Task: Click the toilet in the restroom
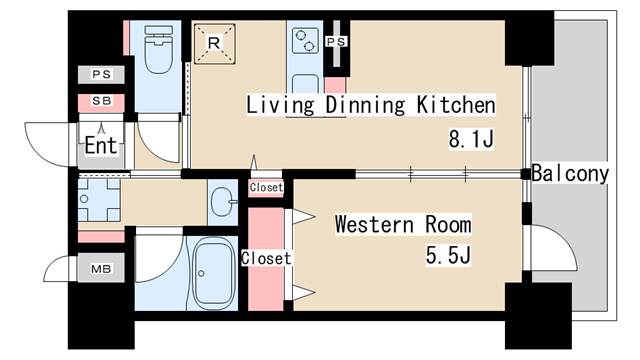pyautogui.click(x=158, y=49)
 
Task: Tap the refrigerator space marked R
pyautogui.click(x=214, y=44)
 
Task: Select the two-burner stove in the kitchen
pyautogui.click(x=305, y=40)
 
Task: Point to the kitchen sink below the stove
pyautogui.click(x=305, y=83)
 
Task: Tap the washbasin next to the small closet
pyautogui.click(x=223, y=202)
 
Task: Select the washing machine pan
pyautogui.click(x=99, y=200)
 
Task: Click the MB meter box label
pyautogui.click(x=101, y=269)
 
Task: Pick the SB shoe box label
pyautogui.click(x=101, y=100)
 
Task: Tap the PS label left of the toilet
pyautogui.click(x=101, y=74)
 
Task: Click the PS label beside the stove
pyautogui.click(x=336, y=42)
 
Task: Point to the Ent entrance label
pyautogui.click(x=101, y=145)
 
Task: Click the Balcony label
pyautogui.click(x=570, y=173)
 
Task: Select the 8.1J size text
pyautogui.click(x=471, y=139)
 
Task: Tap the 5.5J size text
pyautogui.click(x=448, y=256)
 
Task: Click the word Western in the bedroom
pyautogui.click(x=374, y=224)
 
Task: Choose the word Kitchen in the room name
pyautogui.click(x=456, y=105)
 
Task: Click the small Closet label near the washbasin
pyautogui.click(x=266, y=187)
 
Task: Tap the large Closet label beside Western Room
pyautogui.click(x=266, y=258)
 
